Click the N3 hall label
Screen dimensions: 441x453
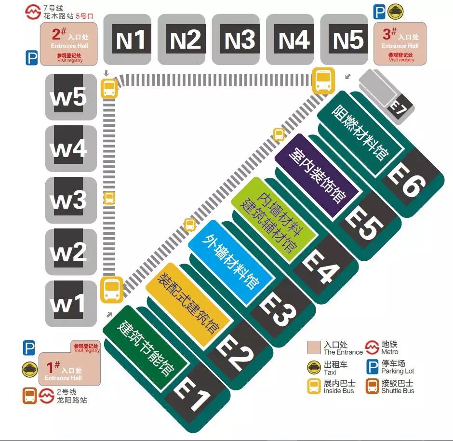click(240, 40)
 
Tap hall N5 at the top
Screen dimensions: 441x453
click(348, 40)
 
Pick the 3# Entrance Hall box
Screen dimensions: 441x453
click(400, 43)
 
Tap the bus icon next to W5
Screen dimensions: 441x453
click(110, 88)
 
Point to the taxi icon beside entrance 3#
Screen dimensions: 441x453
click(396, 12)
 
